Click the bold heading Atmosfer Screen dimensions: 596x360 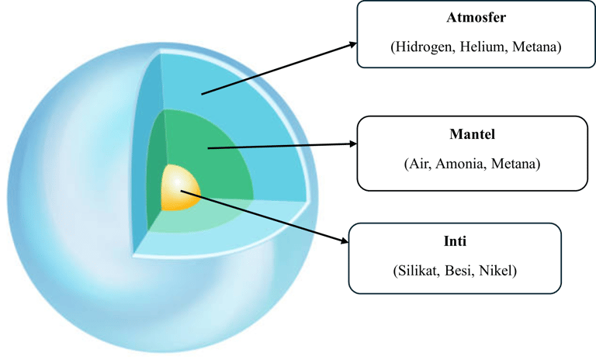pyautogui.click(x=476, y=18)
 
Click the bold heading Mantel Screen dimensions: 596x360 pyautogui.click(x=472, y=135)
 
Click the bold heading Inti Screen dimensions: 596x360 pyautogui.click(x=455, y=242)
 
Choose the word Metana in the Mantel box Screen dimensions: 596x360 pyautogui.click(x=515, y=164)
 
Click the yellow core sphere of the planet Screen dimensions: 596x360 pyautogui.click(x=179, y=188)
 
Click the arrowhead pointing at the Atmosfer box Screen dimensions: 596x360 pyautogui.click(x=351, y=46)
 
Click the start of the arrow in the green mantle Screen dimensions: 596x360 pyautogui.click(x=209, y=147)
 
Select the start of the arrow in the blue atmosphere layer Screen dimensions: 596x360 pyautogui.click(x=202, y=95)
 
